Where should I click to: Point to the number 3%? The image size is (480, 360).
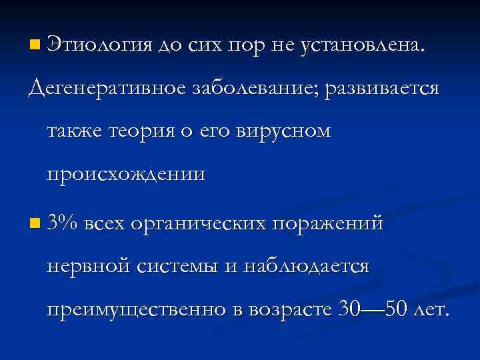coord(63,222)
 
